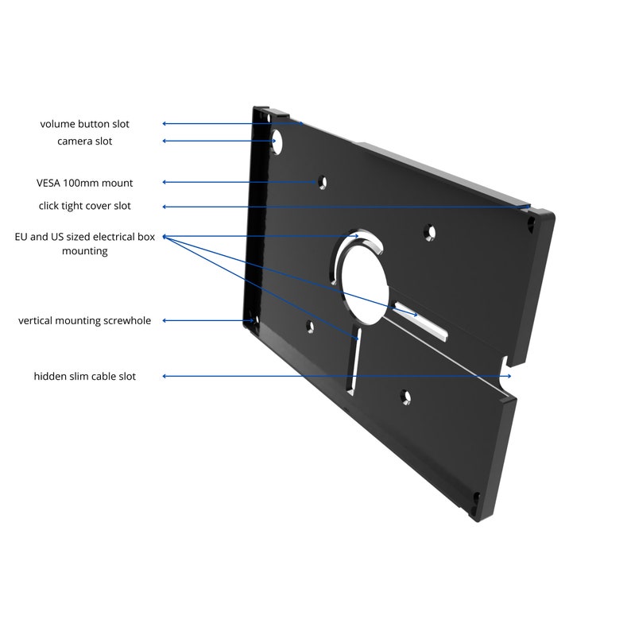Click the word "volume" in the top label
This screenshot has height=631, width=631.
tap(57, 124)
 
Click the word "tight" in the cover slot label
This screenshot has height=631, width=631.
tap(77, 206)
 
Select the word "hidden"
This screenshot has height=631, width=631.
tap(49, 376)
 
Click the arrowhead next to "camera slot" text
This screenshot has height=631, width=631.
tap(165, 141)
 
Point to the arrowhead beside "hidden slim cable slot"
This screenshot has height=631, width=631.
tap(165, 376)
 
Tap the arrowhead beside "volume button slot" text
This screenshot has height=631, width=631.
tap(165, 124)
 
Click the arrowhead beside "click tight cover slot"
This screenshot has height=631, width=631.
tap(165, 207)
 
